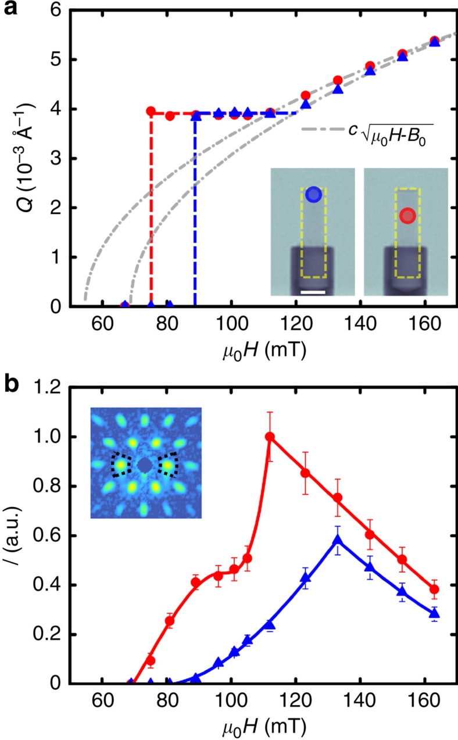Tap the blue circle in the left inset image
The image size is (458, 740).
coord(313,195)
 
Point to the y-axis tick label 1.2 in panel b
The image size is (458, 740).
coord(48,388)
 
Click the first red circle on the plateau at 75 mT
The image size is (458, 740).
coord(151,111)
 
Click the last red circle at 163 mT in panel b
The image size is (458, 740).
coord(434,589)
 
